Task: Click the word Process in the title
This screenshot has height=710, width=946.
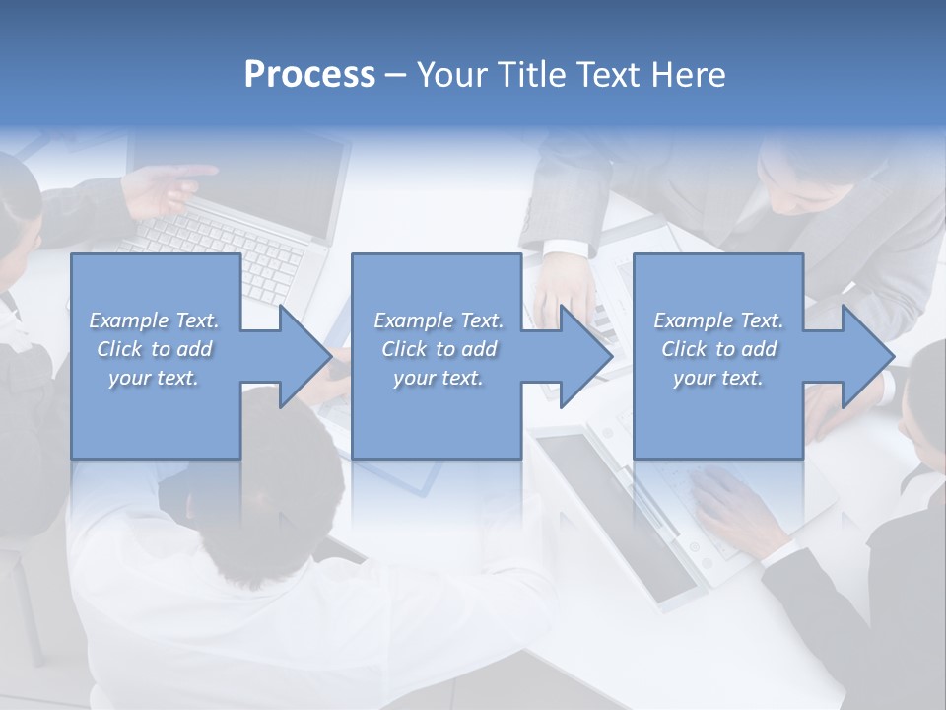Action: [309, 75]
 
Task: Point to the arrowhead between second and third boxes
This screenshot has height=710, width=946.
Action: [585, 356]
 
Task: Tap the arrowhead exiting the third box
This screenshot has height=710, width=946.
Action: [867, 356]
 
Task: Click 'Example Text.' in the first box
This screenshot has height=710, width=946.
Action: [154, 320]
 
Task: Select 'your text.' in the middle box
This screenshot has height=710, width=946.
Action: [438, 378]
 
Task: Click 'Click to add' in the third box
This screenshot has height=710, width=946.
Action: [718, 349]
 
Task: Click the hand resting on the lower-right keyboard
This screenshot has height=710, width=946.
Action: [734, 498]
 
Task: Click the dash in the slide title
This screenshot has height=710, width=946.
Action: [395, 75]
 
